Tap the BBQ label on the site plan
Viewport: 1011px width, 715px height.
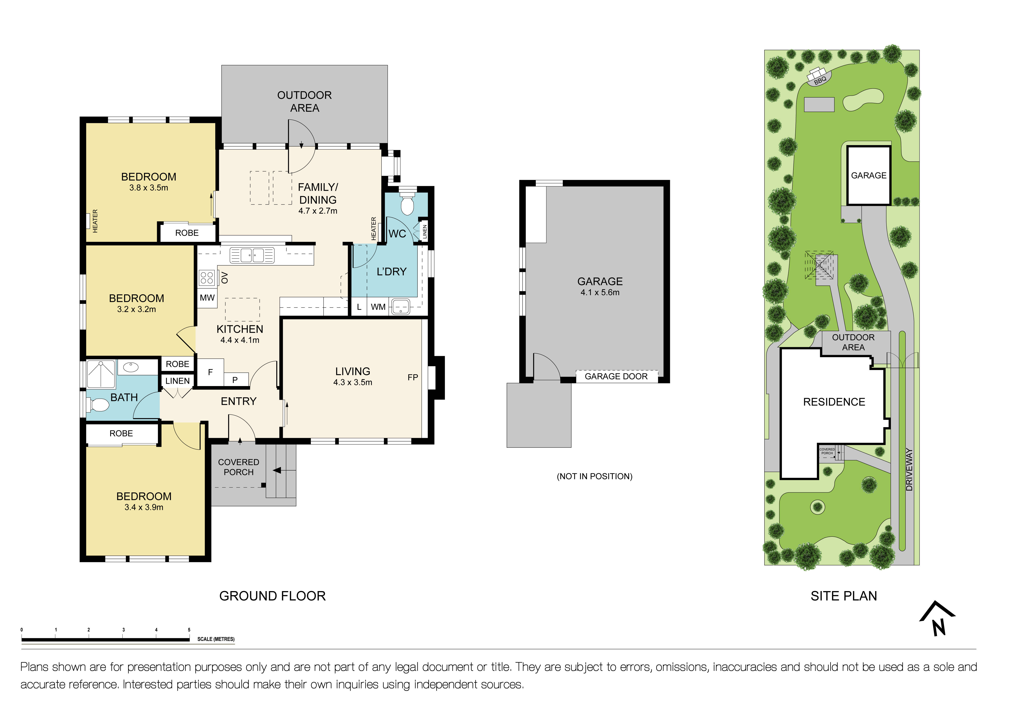(819, 80)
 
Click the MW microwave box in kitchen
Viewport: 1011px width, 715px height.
(207, 298)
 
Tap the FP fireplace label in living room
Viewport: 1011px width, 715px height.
(413, 378)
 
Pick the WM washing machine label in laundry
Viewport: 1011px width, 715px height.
(378, 307)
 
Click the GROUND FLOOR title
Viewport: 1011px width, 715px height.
(272, 596)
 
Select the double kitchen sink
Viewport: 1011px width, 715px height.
(252, 255)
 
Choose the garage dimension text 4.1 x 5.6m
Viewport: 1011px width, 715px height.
(600, 293)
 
